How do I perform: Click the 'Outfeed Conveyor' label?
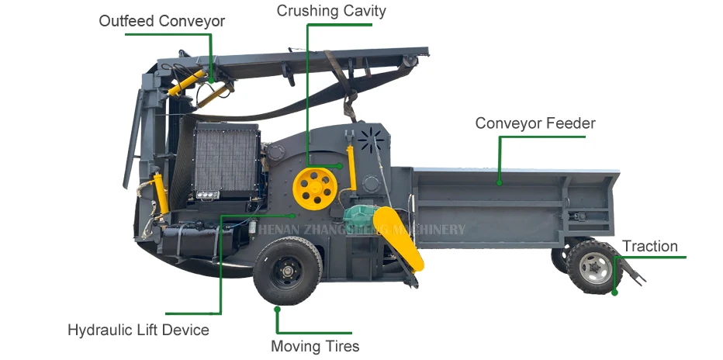161,21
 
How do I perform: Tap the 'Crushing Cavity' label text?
331,11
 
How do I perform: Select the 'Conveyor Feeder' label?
535,123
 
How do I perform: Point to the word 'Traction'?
649,247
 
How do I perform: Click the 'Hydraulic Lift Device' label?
138,330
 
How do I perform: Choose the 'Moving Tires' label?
315,346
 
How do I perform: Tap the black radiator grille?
227,161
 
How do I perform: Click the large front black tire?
288,271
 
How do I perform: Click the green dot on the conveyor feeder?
500,183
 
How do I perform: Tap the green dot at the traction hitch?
614,292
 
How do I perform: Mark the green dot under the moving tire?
277,309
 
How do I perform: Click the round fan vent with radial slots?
371,139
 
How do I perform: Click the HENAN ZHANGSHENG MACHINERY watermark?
361,230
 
